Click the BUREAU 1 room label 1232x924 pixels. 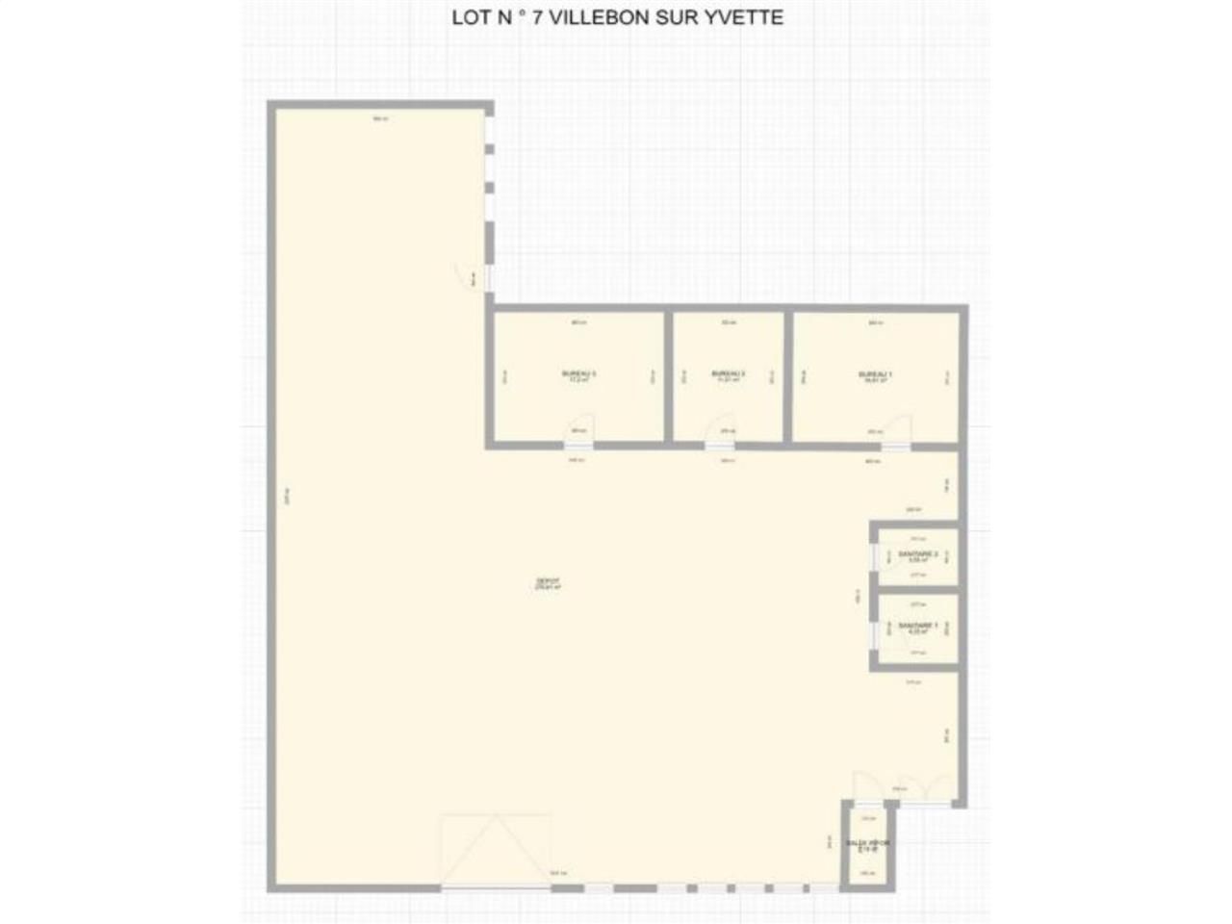[x=875, y=376]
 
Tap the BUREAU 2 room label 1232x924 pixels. [x=729, y=376]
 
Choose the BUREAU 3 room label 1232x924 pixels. [x=579, y=376]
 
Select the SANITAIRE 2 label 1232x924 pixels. [x=917, y=556]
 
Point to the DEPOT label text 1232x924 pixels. [x=548, y=583]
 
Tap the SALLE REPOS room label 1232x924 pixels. [x=868, y=845]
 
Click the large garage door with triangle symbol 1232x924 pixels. [x=496, y=852]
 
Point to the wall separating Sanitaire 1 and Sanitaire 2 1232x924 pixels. [x=914, y=590]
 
